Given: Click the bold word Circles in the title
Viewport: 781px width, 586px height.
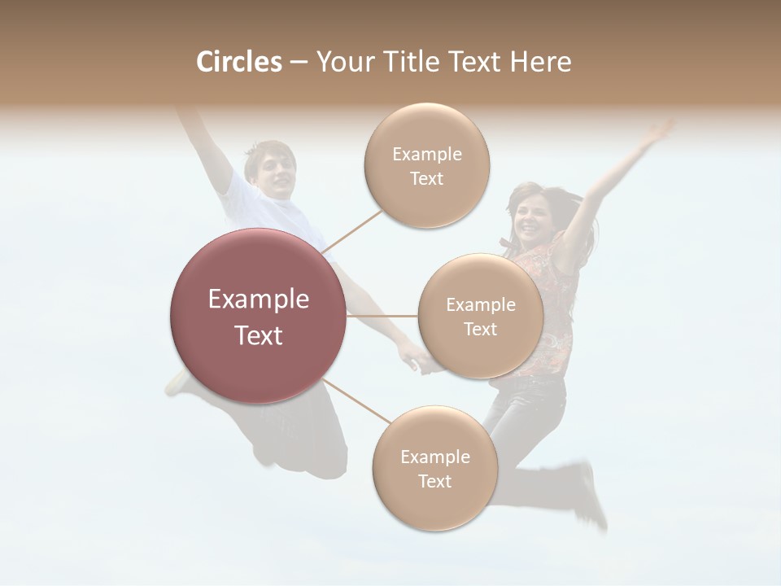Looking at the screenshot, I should pyautogui.click(x=238, y=62).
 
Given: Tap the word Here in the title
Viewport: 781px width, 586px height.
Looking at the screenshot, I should pyautogui.click(x=540, y=62).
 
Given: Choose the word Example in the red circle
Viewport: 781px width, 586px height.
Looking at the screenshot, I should pyautogui.click(x=259, y=300).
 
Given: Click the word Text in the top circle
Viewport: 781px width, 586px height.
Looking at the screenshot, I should pyautogui.click(x=426, y=178).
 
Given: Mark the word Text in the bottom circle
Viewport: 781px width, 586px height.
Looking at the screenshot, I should pyautogui.click(x=434, y=481).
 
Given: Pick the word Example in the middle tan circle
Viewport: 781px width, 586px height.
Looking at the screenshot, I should pyautogui.click(x=480, y=305).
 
